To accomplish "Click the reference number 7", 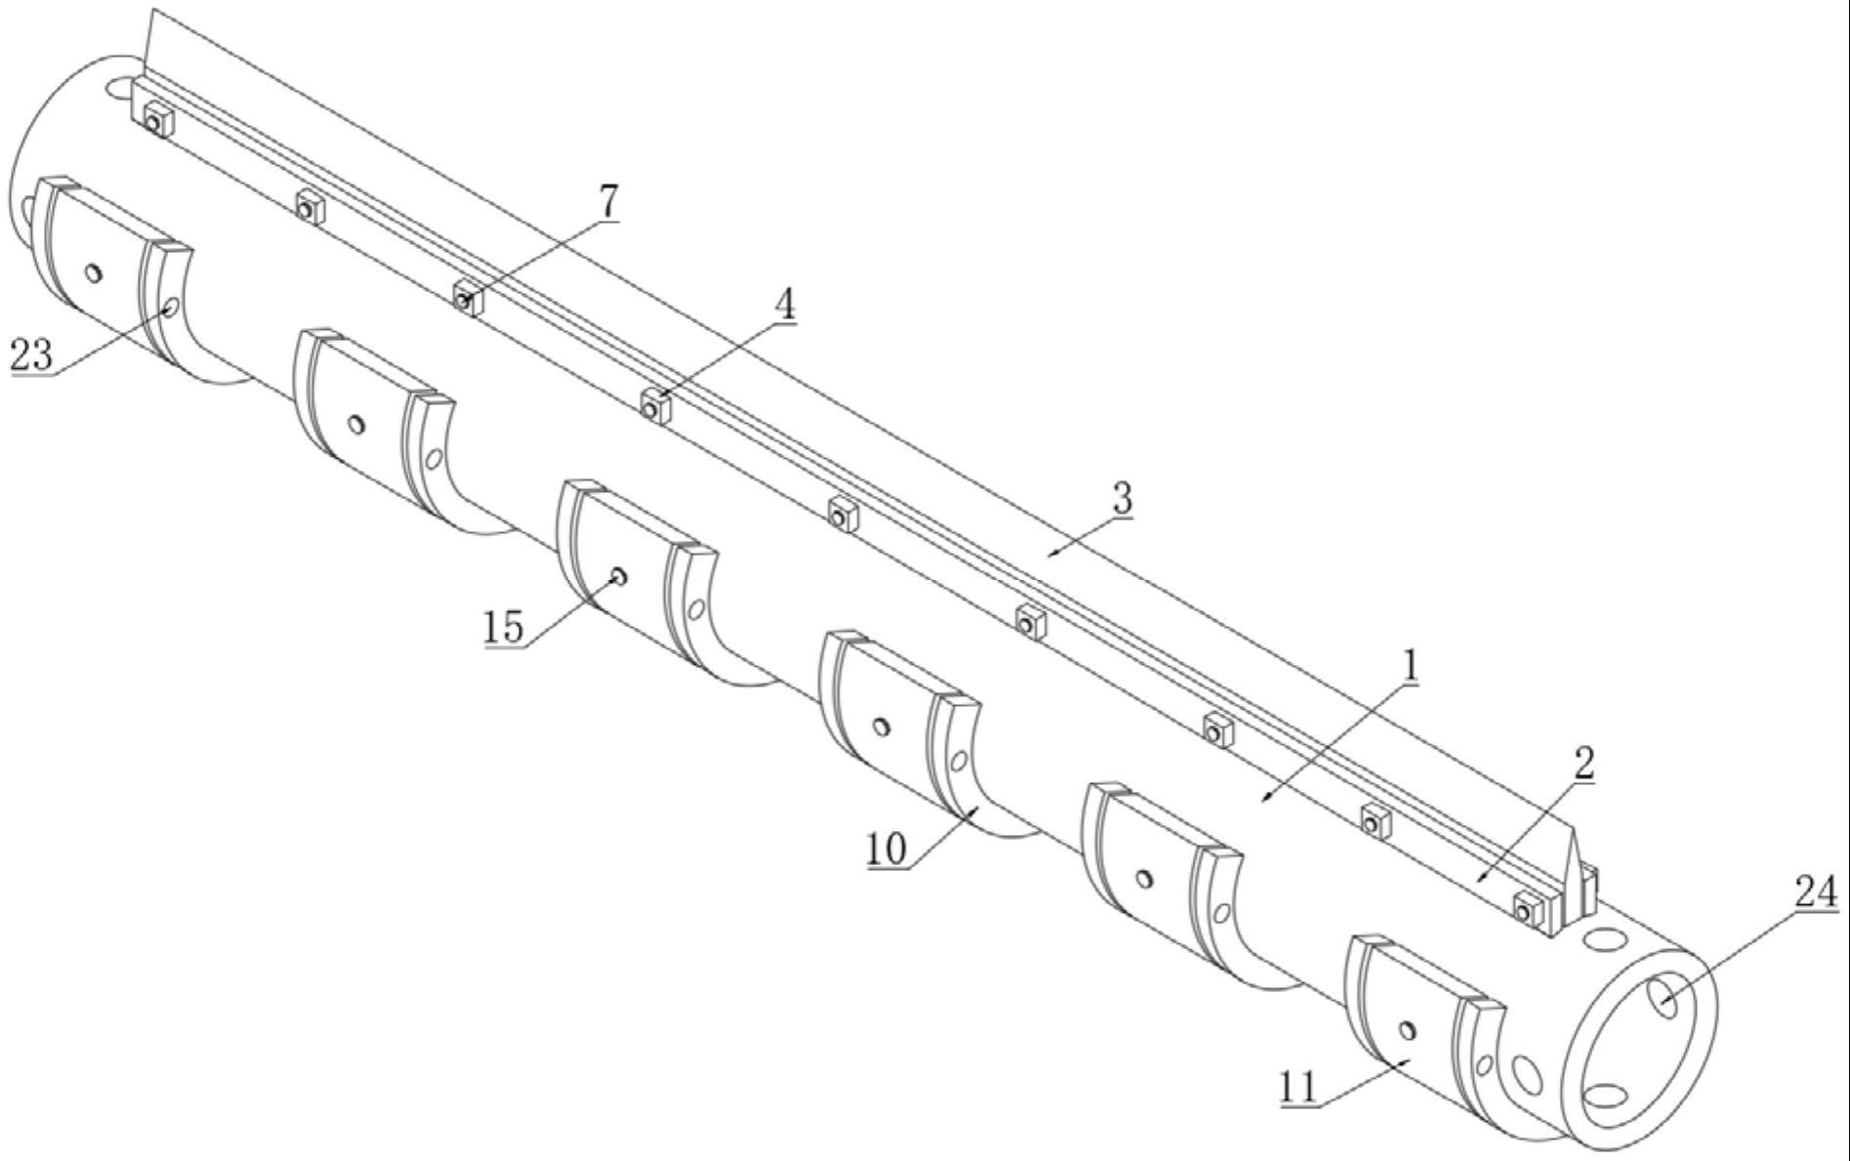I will click(x=607, y=202).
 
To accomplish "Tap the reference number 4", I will click(x=784, y=306).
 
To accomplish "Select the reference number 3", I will click(x=1123, y=498).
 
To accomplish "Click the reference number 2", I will click(x=1583, y=764).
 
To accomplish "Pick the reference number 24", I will click(x=1816, y=893).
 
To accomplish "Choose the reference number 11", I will click(x=1298, y=1088).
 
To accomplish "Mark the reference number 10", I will click(x=886, y=850).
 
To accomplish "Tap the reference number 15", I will click(x=504, y=626).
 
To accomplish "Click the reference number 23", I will click(x=30, y=354).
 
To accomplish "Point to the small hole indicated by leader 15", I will click(x=618, y=577).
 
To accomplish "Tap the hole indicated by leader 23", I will click(x=170, y=308).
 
